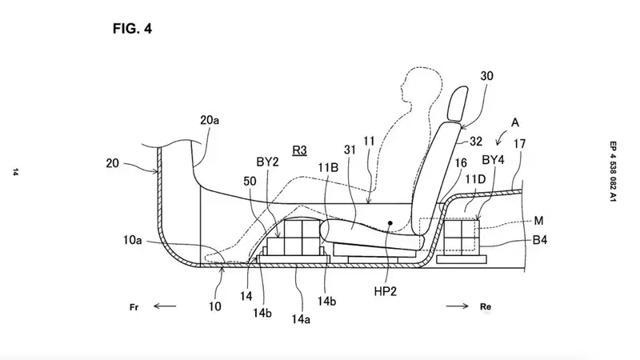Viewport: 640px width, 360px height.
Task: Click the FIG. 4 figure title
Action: [132, 29]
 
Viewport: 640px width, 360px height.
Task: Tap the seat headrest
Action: [458, 104]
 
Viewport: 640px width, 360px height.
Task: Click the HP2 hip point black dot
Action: [390, 223]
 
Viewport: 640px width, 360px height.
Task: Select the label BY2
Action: [267, 162]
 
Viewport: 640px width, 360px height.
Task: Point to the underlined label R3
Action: [299, 150]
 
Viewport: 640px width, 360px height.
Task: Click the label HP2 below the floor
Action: [385, 291]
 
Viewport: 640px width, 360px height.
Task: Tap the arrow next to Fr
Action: [165, 306]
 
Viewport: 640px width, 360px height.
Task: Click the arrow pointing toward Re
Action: [457, 306]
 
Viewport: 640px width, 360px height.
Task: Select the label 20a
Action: [210, 120]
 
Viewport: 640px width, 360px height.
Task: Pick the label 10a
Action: [133, 240]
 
